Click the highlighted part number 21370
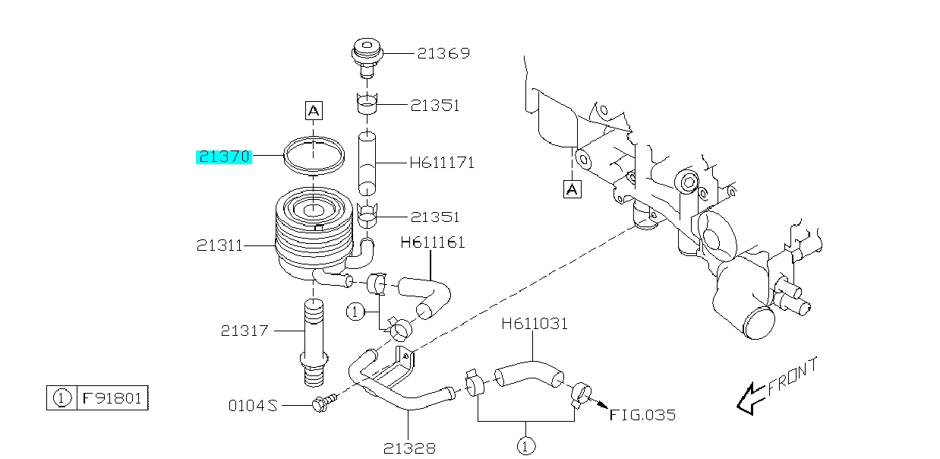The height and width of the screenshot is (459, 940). (x=224, y=157)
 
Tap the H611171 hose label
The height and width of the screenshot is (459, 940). (x=441, y=163)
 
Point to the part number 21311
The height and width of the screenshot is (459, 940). (x=219, y=245)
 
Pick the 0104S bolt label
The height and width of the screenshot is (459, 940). (x=253, y=407)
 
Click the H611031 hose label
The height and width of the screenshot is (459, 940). (x=535, y=324)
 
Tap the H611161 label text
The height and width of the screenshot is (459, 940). (x=433, y=243)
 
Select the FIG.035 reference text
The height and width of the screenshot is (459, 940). (x=642, y=415)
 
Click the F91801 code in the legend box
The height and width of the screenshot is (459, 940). (x=112, y=397)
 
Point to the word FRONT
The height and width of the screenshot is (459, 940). (x=793, y=377)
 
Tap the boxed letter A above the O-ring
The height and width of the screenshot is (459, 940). (x=314, y=111)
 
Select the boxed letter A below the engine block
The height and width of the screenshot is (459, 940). (x=572, y=188)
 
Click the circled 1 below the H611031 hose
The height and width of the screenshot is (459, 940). (x=524, y=446)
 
